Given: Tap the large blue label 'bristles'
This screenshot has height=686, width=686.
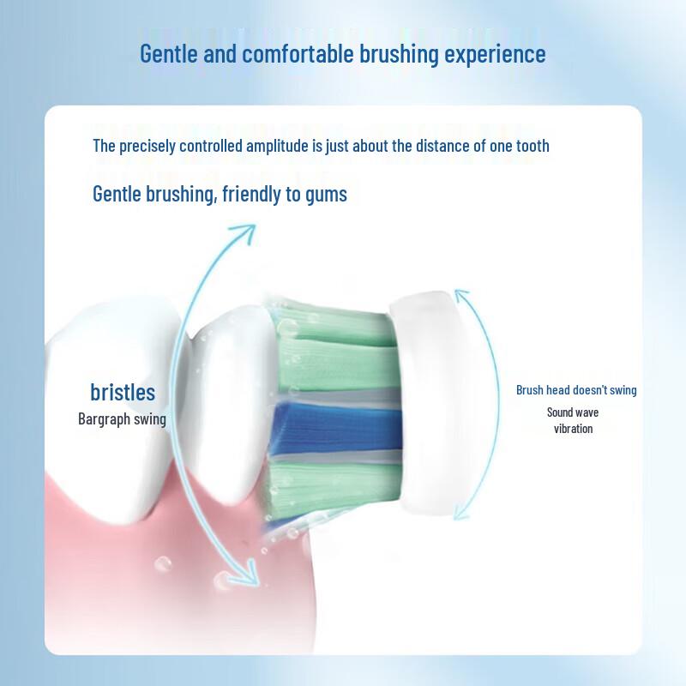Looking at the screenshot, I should pos(123,393).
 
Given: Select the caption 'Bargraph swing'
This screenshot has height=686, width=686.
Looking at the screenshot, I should pos(122,419).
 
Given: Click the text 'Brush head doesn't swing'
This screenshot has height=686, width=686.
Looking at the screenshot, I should pos(576,390).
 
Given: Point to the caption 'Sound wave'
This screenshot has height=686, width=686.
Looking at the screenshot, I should pos(573,412).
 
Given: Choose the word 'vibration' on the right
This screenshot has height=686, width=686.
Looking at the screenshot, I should pos(573,428).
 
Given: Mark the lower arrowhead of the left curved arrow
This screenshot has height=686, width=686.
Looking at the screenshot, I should pos(249,579).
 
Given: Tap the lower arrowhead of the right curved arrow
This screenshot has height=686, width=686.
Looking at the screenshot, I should pos(462,513).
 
